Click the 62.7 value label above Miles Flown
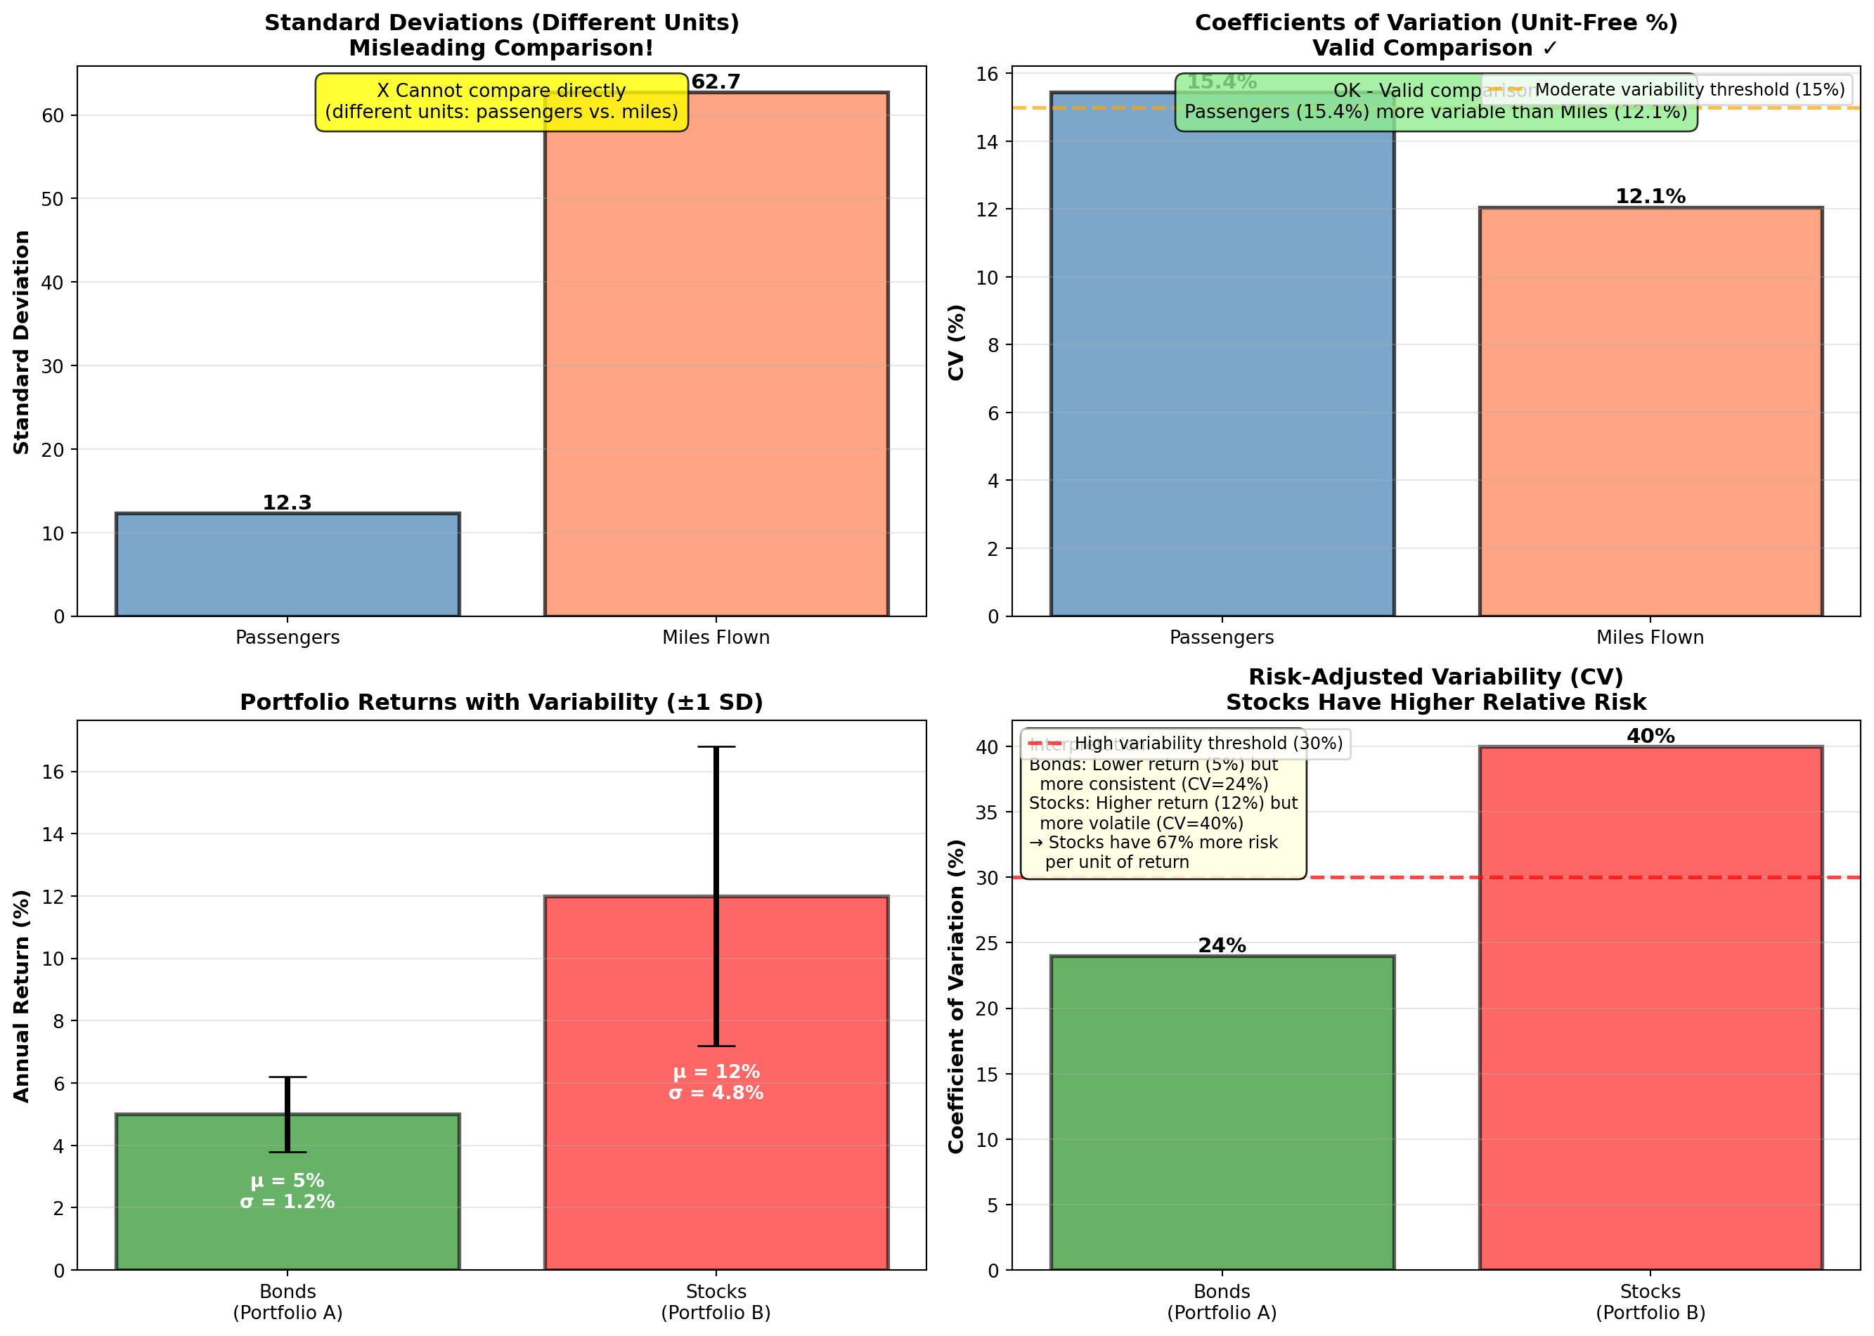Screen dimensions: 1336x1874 [x=715, y=82]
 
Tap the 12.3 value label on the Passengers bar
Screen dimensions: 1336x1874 [x=286, y=502]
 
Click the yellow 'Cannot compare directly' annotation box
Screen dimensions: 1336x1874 [x=501, y=102]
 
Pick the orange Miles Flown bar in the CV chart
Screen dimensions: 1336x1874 [x=1650, y=411]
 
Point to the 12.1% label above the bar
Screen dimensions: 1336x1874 [x=1650, y=197]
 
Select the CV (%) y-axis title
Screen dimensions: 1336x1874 [x=956, y=342]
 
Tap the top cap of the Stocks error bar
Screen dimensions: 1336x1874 [x=716, y=747]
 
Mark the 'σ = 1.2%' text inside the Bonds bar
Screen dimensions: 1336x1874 [x=287, y=1202]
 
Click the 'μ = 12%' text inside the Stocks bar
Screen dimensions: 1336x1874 [x=716, y=1072]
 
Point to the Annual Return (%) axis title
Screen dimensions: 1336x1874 [x=21, y=995]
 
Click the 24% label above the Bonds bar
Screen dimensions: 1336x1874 [x=1222, y=946]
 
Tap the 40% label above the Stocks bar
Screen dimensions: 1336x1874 [x=1650, y=737]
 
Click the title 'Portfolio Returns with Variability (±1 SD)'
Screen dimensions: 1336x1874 [x=501, y=703]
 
